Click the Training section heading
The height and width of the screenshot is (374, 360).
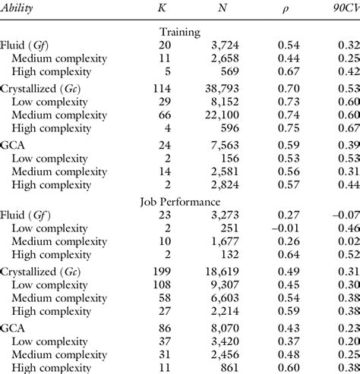[x=180, y=33]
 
